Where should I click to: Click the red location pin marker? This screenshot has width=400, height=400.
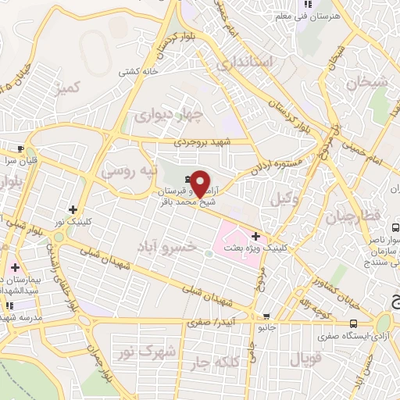tap(200, 182)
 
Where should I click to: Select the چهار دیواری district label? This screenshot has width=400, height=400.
tap(169, 117)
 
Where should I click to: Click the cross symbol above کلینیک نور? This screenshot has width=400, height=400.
tap(73, 209)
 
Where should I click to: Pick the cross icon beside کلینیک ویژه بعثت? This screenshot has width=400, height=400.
tap(255, 235)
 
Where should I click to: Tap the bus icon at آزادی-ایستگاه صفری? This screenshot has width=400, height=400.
tap(354, 323)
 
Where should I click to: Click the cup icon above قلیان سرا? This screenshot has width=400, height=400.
tap(21, 148)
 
